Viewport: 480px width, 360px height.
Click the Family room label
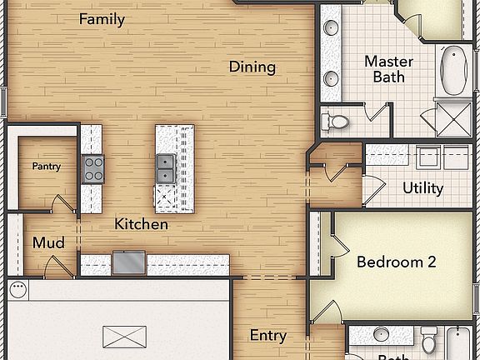[x=102, y=19]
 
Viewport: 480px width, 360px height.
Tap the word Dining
[x=252, y=67]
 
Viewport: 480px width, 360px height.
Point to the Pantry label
[x=47, y=167]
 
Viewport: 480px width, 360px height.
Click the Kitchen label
[x=141, y=224]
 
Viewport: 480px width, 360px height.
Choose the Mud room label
[x=48, y=243]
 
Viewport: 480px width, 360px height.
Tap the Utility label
[x=422, y=188]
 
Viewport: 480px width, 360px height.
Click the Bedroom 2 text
[x=396, y=262]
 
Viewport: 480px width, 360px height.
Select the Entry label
[x=268, y=336]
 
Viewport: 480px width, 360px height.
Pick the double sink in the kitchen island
[x=166, y=167]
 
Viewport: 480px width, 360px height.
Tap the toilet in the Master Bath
[x=337, y=122]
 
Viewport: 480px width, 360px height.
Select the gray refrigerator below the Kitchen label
[x=128, y=262]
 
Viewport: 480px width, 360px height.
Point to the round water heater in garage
[x=18, y=289]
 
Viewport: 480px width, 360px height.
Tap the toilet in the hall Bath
[x=428, y=339]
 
